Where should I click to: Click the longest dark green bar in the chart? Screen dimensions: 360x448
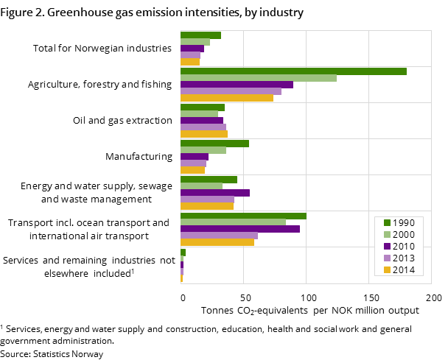(293, 71)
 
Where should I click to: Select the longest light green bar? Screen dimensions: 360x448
(259, 78)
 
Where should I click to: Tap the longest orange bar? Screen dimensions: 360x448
(227, 98)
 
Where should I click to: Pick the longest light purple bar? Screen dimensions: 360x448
(231, 91)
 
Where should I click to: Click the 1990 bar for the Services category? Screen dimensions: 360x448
(183, 253)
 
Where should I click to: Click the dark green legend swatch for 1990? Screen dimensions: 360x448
(387, 223)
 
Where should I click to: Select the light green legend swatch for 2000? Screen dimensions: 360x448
(387, 235)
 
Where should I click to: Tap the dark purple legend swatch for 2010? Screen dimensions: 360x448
(387, 247)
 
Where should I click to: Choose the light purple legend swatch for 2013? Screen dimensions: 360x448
(387, 258)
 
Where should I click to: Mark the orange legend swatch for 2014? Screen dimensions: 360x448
(387, 270)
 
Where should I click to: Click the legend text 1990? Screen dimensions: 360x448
(404, 223)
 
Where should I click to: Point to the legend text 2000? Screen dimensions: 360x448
(404, 235)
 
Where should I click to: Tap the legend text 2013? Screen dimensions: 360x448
(404, 258)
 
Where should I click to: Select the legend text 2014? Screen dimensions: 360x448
(404, 270)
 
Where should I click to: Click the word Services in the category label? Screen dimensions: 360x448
(22, 261)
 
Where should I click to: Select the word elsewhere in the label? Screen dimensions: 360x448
(66, 274)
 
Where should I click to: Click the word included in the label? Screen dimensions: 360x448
(111, 274)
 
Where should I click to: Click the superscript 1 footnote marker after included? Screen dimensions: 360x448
(133, 271)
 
